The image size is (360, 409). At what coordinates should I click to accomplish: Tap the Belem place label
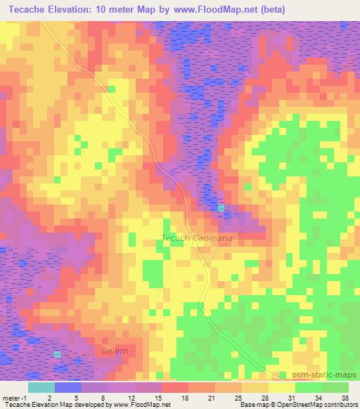(x=112, y=350)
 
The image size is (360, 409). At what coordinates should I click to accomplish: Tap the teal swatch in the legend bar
(x=41, y=387)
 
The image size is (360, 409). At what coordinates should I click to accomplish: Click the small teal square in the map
(x=222, y=208)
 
